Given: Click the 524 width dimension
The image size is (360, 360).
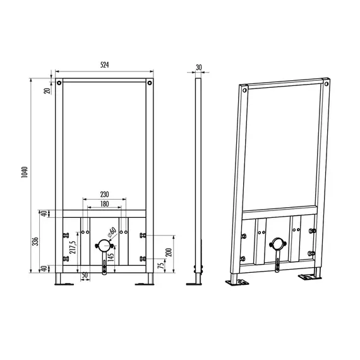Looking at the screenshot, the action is pos(104,65).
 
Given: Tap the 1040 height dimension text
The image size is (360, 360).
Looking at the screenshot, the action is pos(25,172).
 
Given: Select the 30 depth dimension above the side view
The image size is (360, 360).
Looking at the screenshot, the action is pos(199,68).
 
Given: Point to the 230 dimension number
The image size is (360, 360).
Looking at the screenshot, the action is pos(104,195).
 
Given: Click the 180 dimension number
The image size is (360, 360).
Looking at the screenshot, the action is pos(104,204).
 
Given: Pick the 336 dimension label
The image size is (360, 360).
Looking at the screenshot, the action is pos(35,241).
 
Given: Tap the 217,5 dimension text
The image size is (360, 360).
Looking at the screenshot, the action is pos(73,248).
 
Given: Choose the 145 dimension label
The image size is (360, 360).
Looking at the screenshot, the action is pos(111,257).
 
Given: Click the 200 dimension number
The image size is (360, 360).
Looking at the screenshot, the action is pos(169,253).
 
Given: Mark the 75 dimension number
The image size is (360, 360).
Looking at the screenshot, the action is pos(162,265).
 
